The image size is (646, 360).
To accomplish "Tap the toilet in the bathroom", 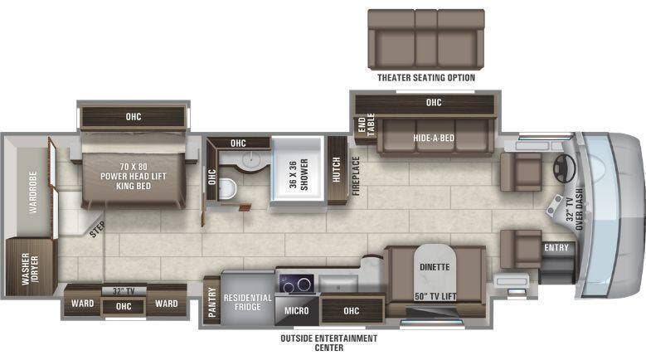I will tap(230, 190).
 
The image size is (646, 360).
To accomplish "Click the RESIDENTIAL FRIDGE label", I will tap(249, 302).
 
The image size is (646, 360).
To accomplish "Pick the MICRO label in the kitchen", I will tap(296, 310).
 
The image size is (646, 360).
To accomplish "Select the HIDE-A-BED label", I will tap(434, 137).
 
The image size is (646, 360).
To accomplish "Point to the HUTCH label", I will tap(337, 171).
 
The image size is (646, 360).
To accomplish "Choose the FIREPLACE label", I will tap(355, 175).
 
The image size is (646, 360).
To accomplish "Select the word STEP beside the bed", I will tap(97, 230).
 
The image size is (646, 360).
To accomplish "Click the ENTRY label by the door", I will tap(556, 247).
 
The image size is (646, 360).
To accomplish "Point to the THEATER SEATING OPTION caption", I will tap(426, 78).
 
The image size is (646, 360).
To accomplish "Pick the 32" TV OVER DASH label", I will tap(575, 208).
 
